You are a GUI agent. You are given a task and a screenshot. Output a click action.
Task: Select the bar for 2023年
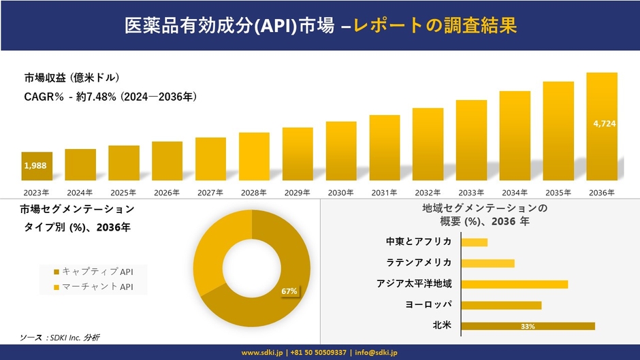pos(37,166)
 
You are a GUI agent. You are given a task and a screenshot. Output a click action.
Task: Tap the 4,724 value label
pos(602,123)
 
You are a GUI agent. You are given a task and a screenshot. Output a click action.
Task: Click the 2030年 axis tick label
pos(340,193)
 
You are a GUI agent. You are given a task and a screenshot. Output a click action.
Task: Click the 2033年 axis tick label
pos(471,193)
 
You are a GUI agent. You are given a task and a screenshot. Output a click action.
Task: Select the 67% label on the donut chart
pos(289,291)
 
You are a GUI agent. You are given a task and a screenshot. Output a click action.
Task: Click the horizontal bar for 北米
pos(528,326)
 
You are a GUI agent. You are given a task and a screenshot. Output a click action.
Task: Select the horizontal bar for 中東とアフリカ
pos(474,242)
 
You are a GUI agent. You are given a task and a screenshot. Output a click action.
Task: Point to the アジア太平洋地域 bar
pos(514,284)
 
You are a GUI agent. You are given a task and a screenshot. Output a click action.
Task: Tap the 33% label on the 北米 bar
pos(527,327)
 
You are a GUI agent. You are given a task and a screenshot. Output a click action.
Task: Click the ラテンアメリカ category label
pos(419,263)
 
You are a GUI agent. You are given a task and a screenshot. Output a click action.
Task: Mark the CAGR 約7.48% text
pos(110,97)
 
